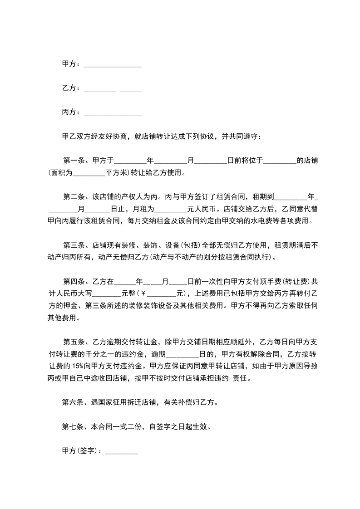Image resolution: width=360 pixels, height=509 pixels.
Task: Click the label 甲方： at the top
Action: pos(71,64)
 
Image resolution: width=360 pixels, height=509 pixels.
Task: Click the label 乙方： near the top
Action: pos(71,88)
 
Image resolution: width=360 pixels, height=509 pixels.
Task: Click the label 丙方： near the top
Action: pos(71,112)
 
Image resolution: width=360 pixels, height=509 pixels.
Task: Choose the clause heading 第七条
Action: pos(73,426)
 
